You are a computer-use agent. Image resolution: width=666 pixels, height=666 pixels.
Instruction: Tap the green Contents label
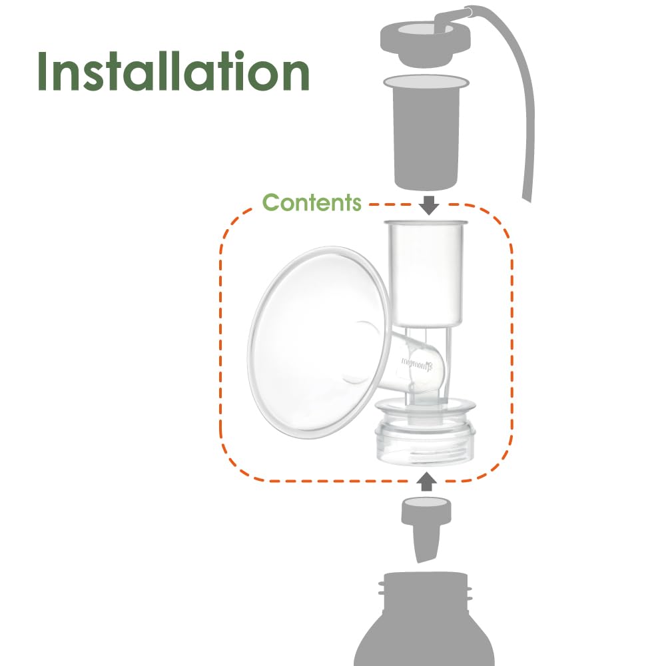click(312, 202)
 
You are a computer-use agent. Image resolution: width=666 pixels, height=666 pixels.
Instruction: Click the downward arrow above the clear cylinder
click(430, 204)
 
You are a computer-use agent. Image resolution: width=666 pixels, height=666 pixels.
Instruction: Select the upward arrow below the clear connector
click(427, 481)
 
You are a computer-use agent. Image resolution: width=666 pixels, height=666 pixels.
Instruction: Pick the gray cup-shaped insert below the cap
click(426, 133)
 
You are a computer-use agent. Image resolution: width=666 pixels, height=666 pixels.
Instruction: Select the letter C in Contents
click(272, 202)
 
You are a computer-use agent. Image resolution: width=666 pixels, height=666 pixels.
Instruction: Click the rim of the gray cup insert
click(426, 83)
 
